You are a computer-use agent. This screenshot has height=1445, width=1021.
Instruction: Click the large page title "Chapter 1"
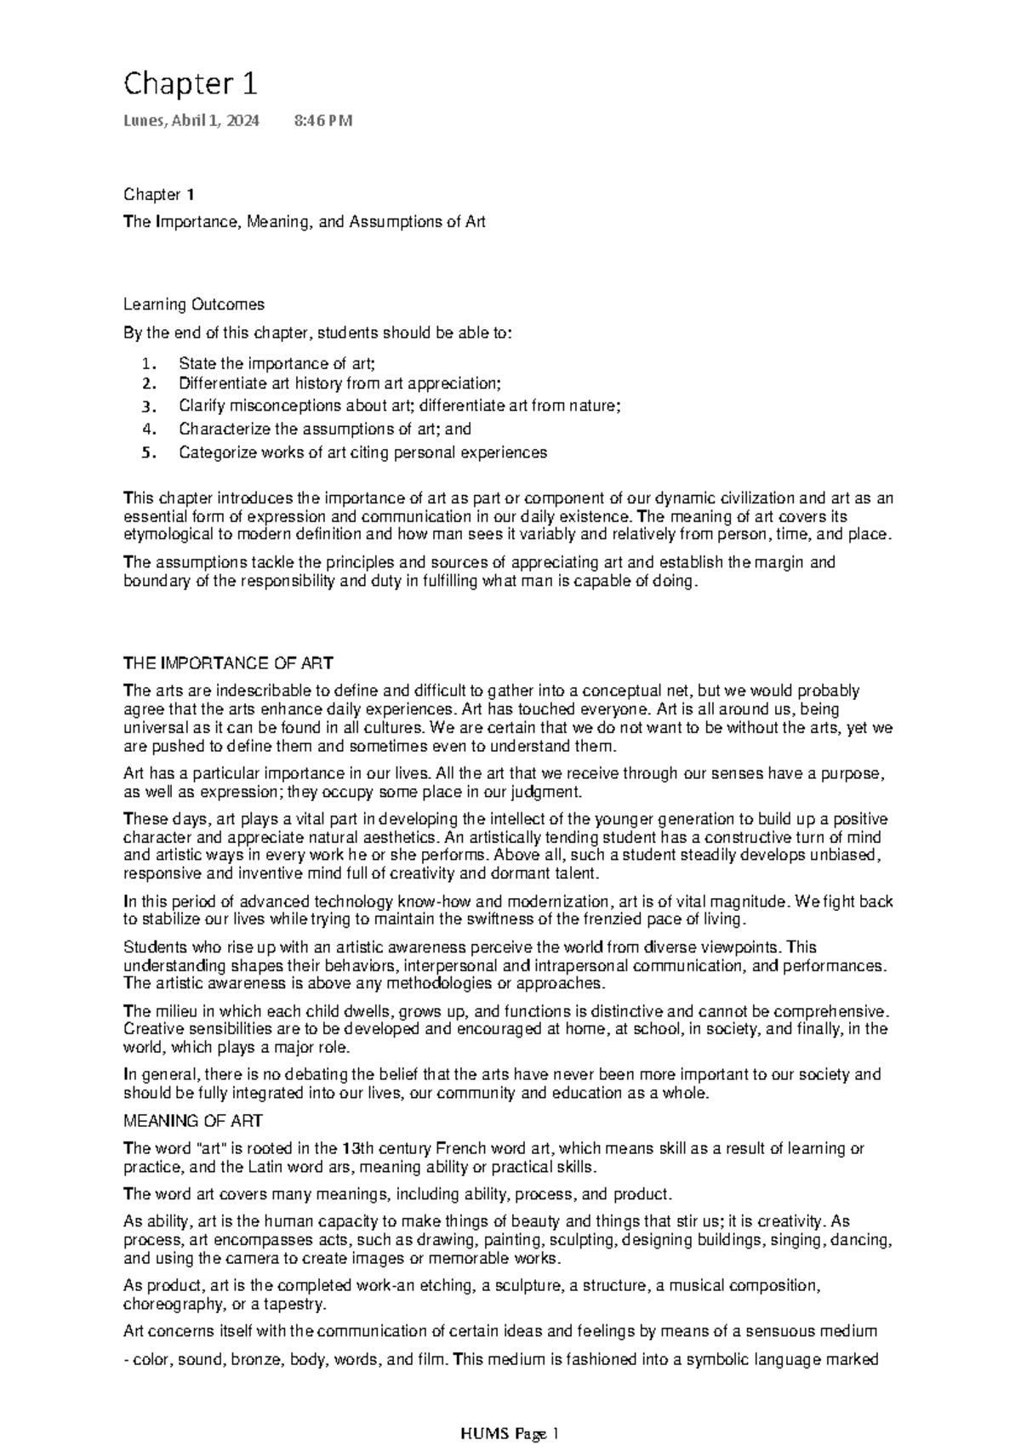[191, 84]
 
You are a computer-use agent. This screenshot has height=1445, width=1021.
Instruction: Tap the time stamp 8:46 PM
[322, 121]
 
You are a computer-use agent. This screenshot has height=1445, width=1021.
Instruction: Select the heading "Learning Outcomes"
[194, 304]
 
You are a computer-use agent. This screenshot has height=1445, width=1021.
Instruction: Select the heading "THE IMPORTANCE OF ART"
[228, 663]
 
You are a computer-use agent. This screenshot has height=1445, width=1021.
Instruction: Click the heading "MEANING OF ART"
[193, 1121]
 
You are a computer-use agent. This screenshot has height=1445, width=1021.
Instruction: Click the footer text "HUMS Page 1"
[509, 1410]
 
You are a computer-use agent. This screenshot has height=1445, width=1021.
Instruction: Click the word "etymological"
[163, 535]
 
